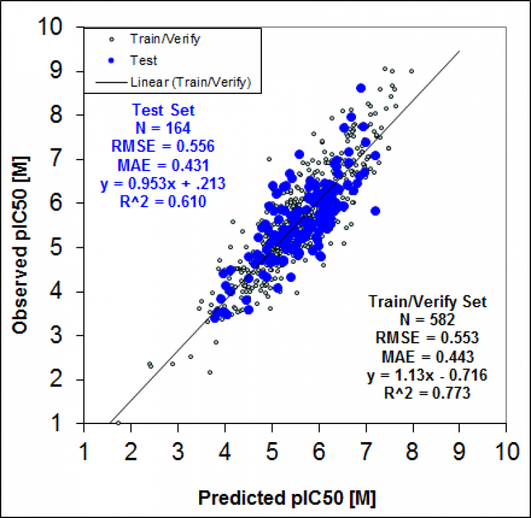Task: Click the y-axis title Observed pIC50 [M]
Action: point(20,227)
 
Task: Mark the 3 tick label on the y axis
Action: point(67,336)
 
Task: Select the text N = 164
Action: point(163,128)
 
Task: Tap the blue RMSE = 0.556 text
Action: point(163,146)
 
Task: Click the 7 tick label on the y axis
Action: point(67,160)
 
